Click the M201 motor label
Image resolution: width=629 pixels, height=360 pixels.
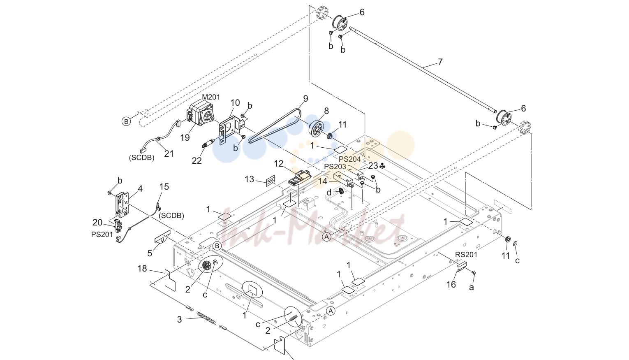coord(211,97)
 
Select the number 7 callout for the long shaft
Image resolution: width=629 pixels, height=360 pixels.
coord(440,62)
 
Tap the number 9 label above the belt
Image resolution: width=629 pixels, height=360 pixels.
coord(305,99)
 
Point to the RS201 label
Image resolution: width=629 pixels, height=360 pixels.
coord(466,255)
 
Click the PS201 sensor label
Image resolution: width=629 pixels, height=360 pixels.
coord(102,235)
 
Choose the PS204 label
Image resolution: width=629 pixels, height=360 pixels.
coord(349,159)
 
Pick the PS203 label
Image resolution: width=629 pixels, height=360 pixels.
coord(335,167)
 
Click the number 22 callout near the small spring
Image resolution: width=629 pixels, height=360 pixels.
coord(197,160)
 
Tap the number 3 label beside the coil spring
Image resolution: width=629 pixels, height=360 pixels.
coord(179,320)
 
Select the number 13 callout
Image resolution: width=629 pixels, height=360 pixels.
coord(250,179)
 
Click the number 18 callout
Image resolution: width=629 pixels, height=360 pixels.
coord(142,269)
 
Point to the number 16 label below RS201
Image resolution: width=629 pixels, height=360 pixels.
coord(451,285)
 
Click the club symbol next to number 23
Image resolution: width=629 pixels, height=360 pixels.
coord(382,166)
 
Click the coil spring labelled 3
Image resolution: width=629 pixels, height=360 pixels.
coord(206,318)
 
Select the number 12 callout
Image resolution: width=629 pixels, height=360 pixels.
coord(279,164)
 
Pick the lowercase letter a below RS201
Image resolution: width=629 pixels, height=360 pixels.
coord(472,287)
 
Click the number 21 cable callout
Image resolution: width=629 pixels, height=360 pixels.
coord(169,154)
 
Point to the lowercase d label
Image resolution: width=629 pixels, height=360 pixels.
coord(329,193)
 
